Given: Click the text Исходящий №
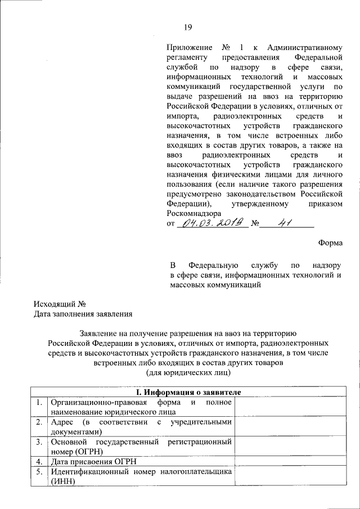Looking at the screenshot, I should tap(59, 304).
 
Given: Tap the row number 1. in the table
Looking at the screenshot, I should tap(39, 402).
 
